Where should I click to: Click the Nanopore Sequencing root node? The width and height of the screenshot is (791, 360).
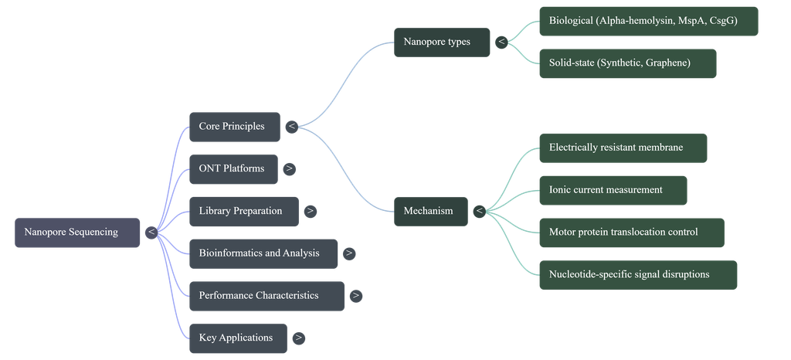point(77,233)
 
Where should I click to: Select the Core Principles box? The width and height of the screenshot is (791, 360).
point(235,127)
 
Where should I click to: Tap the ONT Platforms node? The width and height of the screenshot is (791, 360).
point(233,169)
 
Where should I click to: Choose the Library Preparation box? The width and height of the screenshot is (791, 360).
point(244,211)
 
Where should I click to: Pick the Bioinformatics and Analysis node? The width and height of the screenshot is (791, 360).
point(263,253)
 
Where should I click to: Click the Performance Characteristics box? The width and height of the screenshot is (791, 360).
point(266,296)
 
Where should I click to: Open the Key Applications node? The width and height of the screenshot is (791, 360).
point(238,338)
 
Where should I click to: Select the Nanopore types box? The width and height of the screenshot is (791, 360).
point(442,42)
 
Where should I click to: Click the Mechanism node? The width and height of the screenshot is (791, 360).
point(431,211)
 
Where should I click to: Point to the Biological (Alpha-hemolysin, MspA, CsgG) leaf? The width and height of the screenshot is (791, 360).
point(649,21)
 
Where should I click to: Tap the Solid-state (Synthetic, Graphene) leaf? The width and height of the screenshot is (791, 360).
point(627,63)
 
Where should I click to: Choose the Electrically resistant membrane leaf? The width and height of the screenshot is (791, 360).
point(623,148)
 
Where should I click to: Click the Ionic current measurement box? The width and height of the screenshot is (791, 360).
point(613,190)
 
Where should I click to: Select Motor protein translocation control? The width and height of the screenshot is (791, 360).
point(632,233)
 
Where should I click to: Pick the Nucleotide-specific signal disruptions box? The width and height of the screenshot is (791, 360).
point(638,275)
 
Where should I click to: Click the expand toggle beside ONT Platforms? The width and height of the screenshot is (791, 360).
point(289,169)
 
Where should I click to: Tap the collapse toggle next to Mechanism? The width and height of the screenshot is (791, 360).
point(479,211)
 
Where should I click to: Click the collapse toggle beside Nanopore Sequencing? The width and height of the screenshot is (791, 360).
point(151,233)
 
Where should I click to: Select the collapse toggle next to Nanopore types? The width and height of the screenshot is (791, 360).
point(501,42)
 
